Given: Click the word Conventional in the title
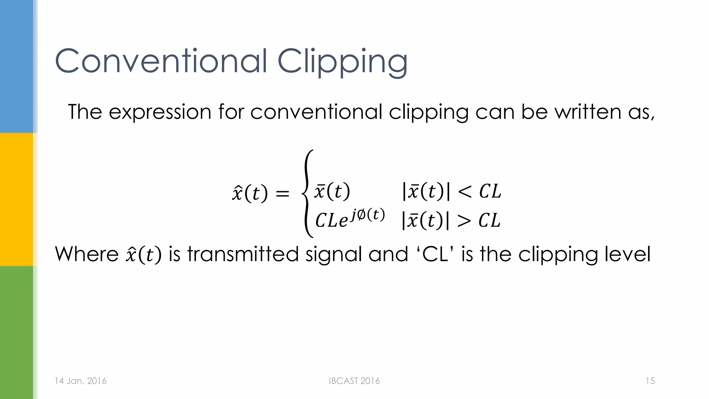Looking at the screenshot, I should click(161, 61).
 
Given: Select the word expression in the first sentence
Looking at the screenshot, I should click(160, 112).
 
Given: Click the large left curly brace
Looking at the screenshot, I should click(307, 194).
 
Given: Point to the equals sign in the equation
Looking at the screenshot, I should click(282, 193).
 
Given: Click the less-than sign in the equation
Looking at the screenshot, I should click(464, 192).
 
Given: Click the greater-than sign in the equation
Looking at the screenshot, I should click(464, 221).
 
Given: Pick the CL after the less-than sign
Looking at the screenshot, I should click(490, 191).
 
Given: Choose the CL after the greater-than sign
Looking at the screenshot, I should click(490, 220).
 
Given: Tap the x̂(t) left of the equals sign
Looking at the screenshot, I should click(250, 193).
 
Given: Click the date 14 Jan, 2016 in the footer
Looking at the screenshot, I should click(80, 381).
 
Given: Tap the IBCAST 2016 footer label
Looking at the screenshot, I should click(354, 381).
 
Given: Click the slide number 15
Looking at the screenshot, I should click(650, 381).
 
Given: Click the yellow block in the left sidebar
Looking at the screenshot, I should click(17, 199).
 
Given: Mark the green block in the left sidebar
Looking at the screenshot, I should click(17, 332).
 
